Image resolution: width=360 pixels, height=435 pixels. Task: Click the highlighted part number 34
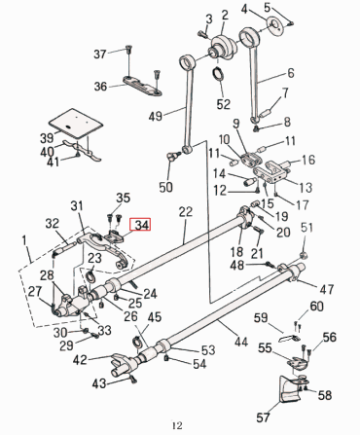click(x=143, y=226)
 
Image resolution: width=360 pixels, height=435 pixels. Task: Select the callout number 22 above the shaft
click(x=186, y=212)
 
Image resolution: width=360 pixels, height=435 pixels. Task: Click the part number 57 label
click(x=264, y=417)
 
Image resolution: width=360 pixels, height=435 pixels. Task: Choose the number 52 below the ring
click(x=223, y=104)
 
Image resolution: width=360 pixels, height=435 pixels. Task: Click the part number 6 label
click(x=290, y=74)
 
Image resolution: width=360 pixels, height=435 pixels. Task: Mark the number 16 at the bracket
click(x=310, y=161)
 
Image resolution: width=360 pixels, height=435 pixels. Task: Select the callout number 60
click(x=316, y=307)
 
